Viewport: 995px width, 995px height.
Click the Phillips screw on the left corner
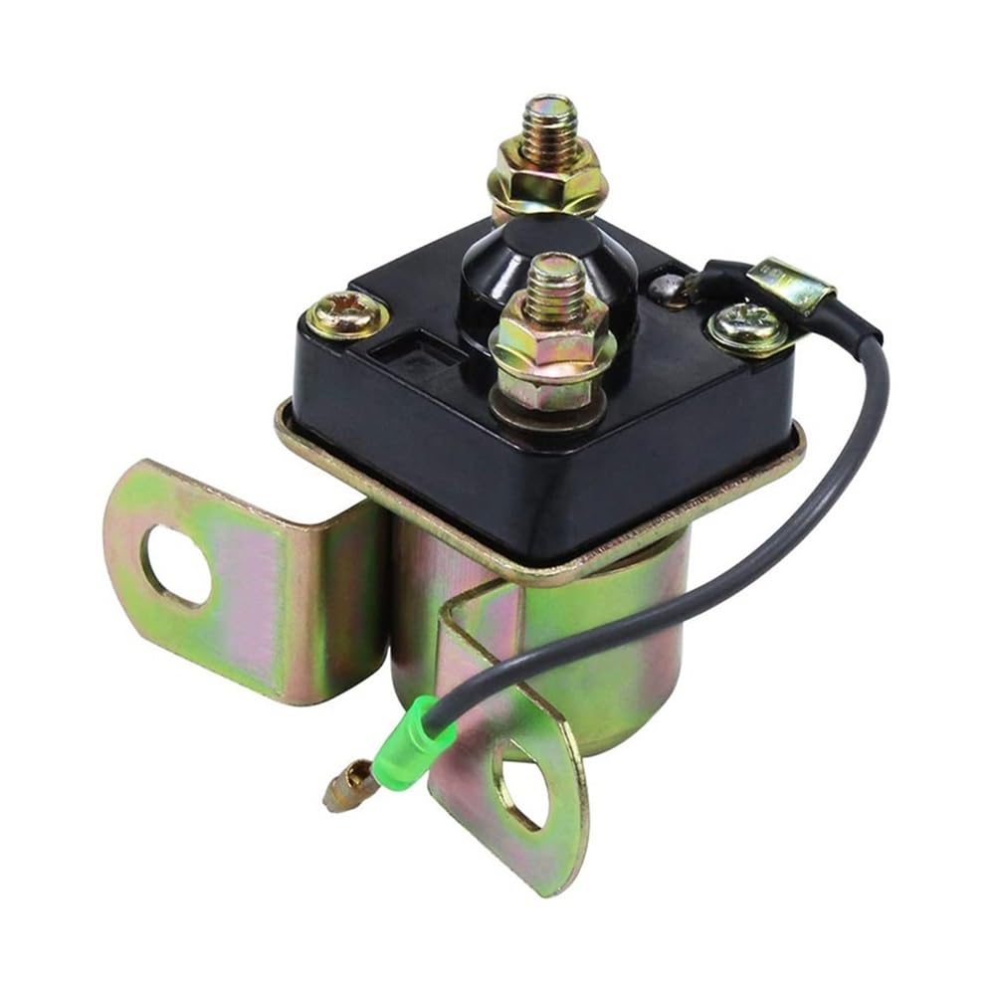tap(346, 315)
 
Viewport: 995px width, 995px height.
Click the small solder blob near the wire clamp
tap(665, 291)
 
